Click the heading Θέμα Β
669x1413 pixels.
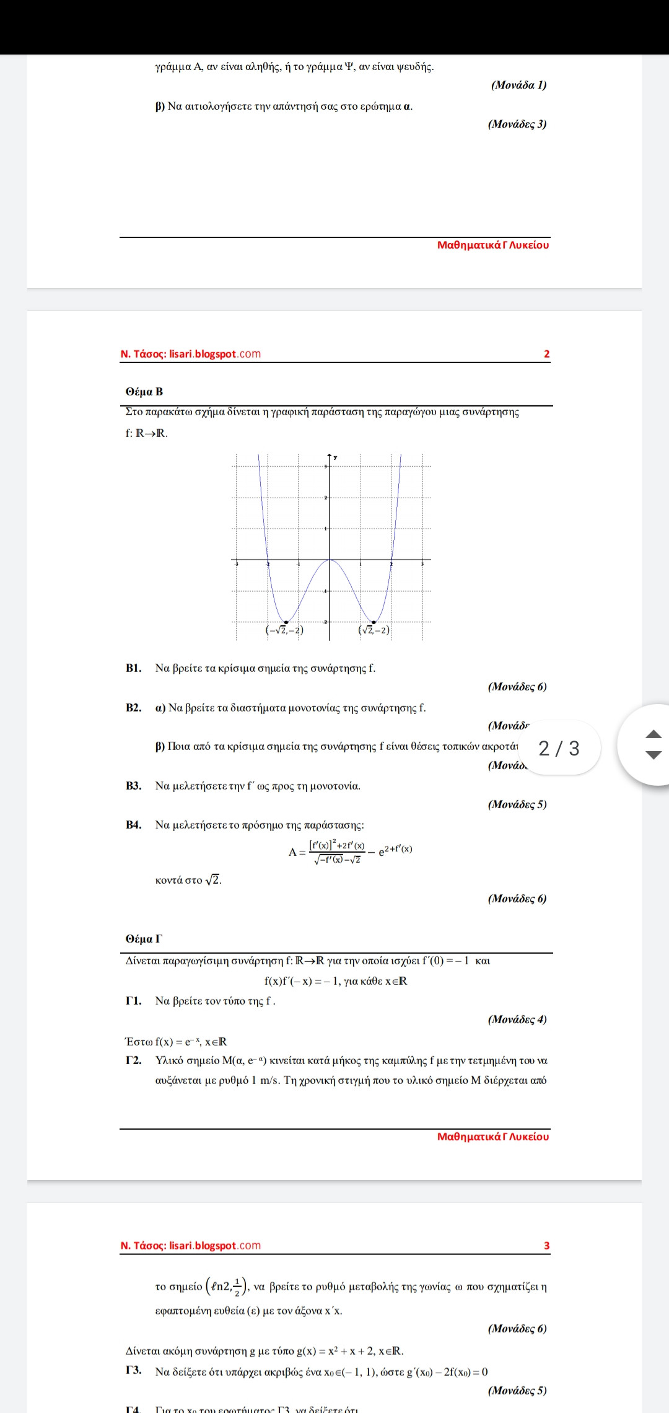[144, 392]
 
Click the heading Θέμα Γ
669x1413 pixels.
[144, 939]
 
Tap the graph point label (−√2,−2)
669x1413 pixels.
[284, 630]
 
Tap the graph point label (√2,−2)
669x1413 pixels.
[374, 630]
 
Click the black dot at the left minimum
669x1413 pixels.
[286, 622]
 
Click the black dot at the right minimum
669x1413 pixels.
[374, 622]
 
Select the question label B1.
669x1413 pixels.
[134, 668]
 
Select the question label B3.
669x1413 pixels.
[134, 786]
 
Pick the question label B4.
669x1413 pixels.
[134, 825]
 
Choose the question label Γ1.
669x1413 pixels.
[134, 1001]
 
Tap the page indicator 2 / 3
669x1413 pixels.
[559, 748]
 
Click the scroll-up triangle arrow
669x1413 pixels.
[654, 734]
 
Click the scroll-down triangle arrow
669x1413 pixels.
[654, 755]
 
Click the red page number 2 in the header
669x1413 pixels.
[546, 354]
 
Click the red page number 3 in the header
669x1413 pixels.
[546, 1246]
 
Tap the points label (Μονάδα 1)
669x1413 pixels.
[518, 85]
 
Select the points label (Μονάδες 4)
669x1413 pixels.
[517, 1019]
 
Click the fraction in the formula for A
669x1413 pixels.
[338, 852]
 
